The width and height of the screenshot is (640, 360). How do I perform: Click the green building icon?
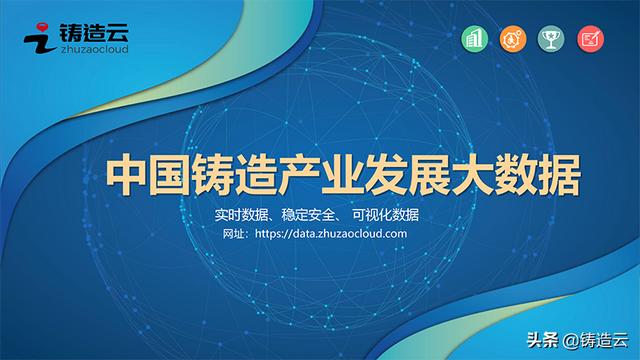pos(474,40)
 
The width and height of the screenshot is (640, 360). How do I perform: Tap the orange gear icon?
pos(511,40)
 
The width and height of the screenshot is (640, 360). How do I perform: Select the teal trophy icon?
pos(548,40)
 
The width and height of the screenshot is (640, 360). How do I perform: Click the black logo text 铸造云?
pos(96,29)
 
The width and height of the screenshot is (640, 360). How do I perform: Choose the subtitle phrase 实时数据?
pos(246,215)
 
